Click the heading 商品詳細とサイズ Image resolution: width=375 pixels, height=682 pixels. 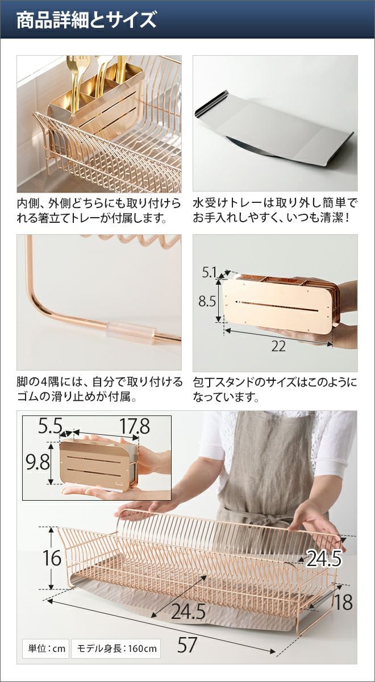coord(86,20)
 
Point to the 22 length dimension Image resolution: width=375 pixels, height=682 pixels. coord(278,346)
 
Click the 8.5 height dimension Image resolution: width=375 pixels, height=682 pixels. coord(207,301)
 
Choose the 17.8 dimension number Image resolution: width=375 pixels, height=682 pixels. coord(134,426)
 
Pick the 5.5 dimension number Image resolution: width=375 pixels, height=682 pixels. coord(50,426)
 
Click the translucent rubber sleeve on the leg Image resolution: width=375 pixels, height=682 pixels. coord(131,332)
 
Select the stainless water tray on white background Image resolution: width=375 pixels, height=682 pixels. coord(274,130)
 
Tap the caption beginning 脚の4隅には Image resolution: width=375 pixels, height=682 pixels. coord(99,389)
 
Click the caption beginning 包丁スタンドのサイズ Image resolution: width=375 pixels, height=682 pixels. coord(274,389)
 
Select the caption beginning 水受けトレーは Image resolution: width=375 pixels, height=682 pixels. coord(275,210)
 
